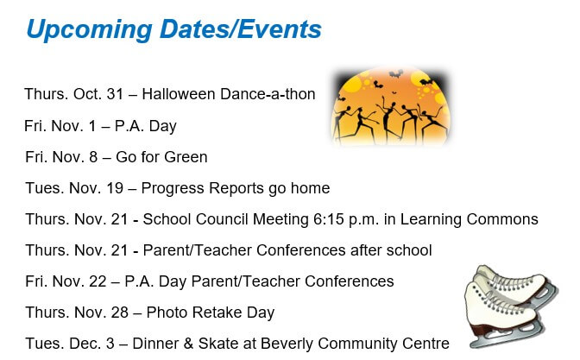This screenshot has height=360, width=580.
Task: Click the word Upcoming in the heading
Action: pyautogui.click(x=90, y=29)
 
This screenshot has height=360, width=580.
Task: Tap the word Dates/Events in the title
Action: pyautogui.click(x=241, y=28)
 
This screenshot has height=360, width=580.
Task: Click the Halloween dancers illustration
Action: pyautogui.click(x=390, y=106)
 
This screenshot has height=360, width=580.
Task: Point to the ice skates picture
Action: pyautogui.click(x=511, y=306)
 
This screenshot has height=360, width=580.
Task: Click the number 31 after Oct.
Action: pyautogui.click(x=115, y=94)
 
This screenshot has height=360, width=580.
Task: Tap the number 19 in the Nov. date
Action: pyautogui.click(x=115, y=188)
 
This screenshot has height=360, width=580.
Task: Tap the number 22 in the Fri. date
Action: pyautogui.click(x=98, y=281)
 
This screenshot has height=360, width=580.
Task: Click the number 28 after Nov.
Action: pyautogui.click(x=119, y=313)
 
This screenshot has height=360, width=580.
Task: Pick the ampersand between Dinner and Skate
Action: pyautogui.click(x=188, y=344)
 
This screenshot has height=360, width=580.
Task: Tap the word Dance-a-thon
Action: pyautogui.click(x=268, y=94)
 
